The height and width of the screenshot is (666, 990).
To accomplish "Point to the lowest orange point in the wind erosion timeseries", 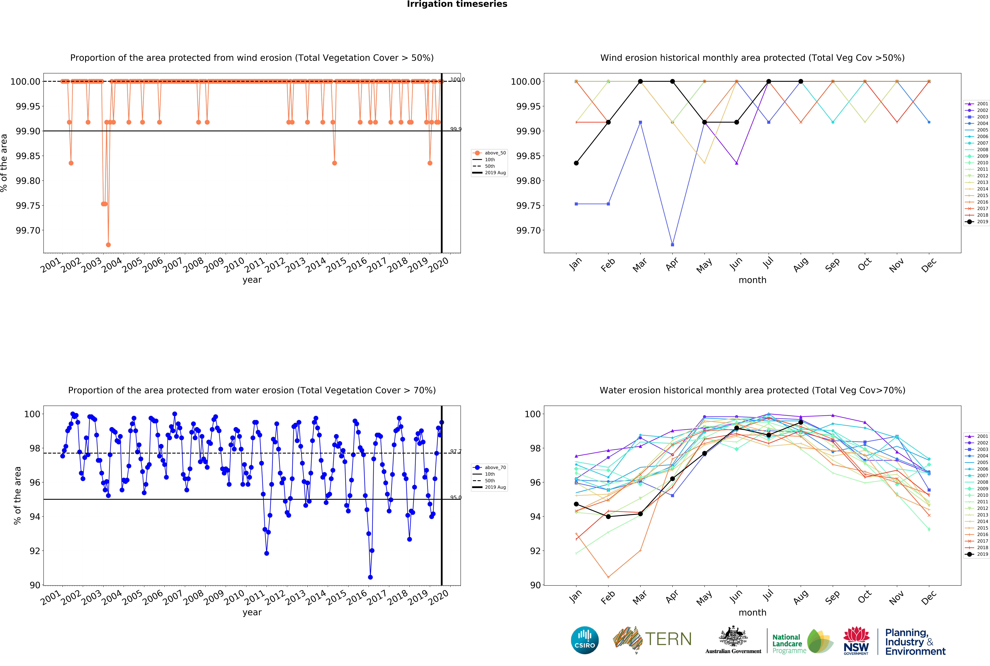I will (108, 245).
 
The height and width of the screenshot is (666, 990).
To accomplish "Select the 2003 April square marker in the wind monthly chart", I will (672, 245).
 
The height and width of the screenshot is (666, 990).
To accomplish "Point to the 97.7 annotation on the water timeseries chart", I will (455, 451).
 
